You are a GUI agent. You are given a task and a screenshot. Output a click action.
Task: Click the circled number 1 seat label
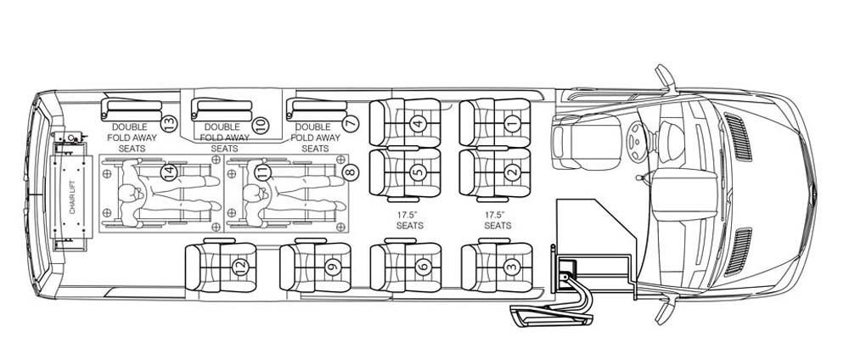pos(510,123)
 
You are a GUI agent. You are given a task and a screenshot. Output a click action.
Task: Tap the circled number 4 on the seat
pos(417,123)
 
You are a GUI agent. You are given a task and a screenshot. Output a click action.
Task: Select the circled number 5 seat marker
pos(417,172)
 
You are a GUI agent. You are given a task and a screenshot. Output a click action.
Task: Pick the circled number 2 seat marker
pos(510,172)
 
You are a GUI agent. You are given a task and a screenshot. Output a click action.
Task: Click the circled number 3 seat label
pos(512,267)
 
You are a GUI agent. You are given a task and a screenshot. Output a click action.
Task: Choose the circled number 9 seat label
pos(333,267)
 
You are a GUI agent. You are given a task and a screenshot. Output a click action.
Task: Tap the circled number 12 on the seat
pos(239,267)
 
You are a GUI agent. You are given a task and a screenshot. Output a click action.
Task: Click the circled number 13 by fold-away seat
pos(170,125)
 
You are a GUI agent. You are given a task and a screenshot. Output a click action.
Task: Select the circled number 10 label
pos(261,125)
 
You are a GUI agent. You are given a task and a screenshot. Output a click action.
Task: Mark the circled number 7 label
pos(351,123)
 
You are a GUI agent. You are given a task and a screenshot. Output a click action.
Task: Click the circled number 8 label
pos(351,172)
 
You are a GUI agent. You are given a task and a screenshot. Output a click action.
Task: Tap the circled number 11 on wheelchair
pos(262,172)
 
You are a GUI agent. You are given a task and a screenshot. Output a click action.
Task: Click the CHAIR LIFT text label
pos(72,198)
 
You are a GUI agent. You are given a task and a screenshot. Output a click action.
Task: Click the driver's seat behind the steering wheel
pos(588,141)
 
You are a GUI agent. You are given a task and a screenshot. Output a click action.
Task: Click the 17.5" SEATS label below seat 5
pos(409,220)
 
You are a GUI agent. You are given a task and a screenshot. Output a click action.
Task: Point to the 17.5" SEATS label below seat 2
pos(498,220)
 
